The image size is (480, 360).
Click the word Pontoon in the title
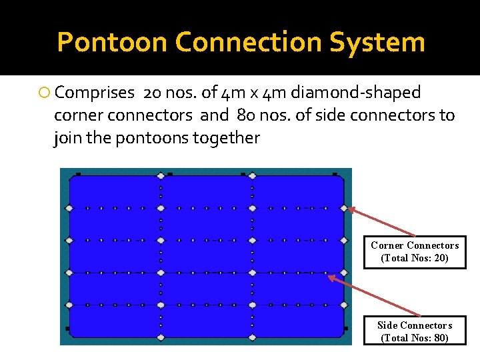pos(112,42)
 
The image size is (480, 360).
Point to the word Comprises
pos(95,93)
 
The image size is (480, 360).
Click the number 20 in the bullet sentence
pos(152,93)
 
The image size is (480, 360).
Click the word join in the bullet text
pos(65,139)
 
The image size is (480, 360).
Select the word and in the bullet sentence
pos(214,115)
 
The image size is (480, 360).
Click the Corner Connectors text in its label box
pos(415,245)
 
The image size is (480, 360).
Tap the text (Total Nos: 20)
pos(415,258)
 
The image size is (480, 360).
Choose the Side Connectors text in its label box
pos(415,325)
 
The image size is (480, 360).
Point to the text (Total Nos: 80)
pos(415,338)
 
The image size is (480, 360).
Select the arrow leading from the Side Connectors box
pos(374,295)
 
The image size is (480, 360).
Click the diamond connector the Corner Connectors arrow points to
pos(344,208)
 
